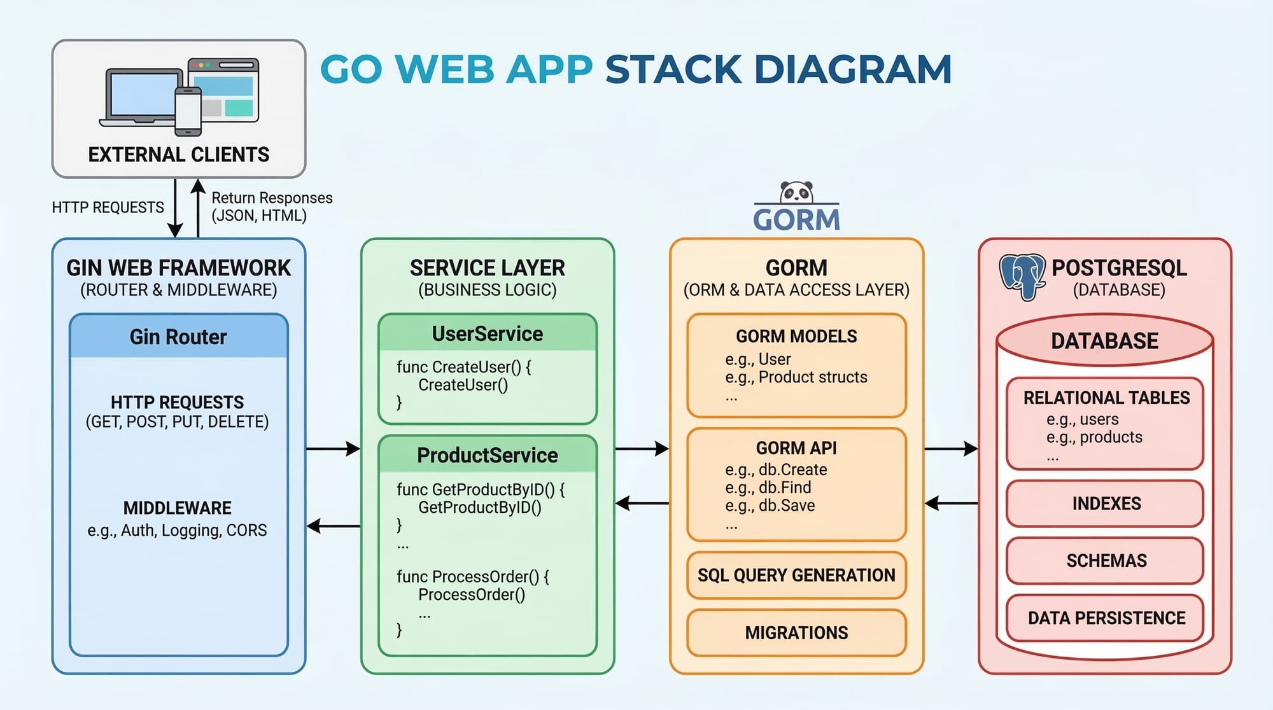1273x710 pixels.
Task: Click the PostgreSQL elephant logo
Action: coord(1022,277)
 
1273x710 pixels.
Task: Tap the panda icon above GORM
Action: coord(796,191)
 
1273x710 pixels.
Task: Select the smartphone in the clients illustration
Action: coord(188,111)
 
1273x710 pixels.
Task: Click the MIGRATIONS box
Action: coord(796,632)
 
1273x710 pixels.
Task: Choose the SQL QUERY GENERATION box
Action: coord(796,575)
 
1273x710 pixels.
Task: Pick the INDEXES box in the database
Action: coord(1106,503)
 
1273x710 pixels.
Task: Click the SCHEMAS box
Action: coord(1106,560)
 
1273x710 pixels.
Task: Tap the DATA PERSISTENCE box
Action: coord(1106,618)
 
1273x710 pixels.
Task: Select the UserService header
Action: coord(488,333)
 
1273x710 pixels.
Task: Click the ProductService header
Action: coord(488,455)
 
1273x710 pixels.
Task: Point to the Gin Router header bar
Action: coord(178,337)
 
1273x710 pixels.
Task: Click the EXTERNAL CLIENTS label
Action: coord(179,155)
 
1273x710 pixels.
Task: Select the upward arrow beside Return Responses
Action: coord(198,207)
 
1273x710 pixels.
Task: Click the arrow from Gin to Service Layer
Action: coord(333,449)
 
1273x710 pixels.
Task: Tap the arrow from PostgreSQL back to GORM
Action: coord(951,504)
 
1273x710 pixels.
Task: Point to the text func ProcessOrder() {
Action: coord(472,576)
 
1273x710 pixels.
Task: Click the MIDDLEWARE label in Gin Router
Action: coord(178,508)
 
